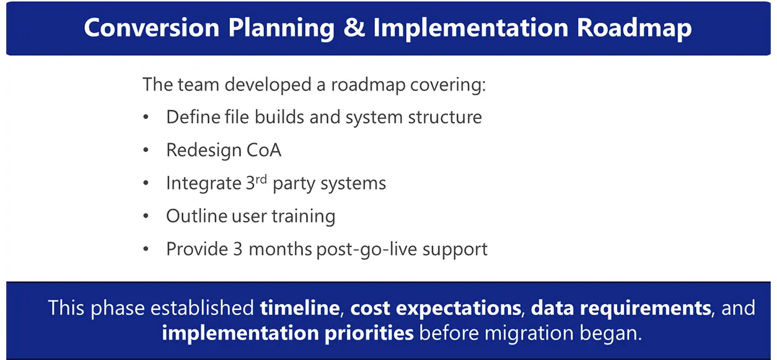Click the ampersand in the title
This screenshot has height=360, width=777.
point(354,27)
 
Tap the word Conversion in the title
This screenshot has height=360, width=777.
point(152,27)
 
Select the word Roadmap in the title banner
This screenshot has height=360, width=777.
point(634,29)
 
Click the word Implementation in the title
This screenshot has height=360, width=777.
point(471,29)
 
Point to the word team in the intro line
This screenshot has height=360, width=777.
point(198,85)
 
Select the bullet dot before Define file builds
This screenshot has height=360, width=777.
point(146,117)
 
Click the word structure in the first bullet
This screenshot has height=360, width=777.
point(445,117)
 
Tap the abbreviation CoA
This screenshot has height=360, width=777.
point(263,150)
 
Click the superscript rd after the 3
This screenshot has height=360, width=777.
point(261,179)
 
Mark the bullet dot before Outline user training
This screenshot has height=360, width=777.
point(146,216)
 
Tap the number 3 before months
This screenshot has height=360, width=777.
point(237,249)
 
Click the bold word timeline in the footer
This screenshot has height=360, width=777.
point(300,308)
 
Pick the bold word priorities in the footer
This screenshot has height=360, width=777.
point(369,333)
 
